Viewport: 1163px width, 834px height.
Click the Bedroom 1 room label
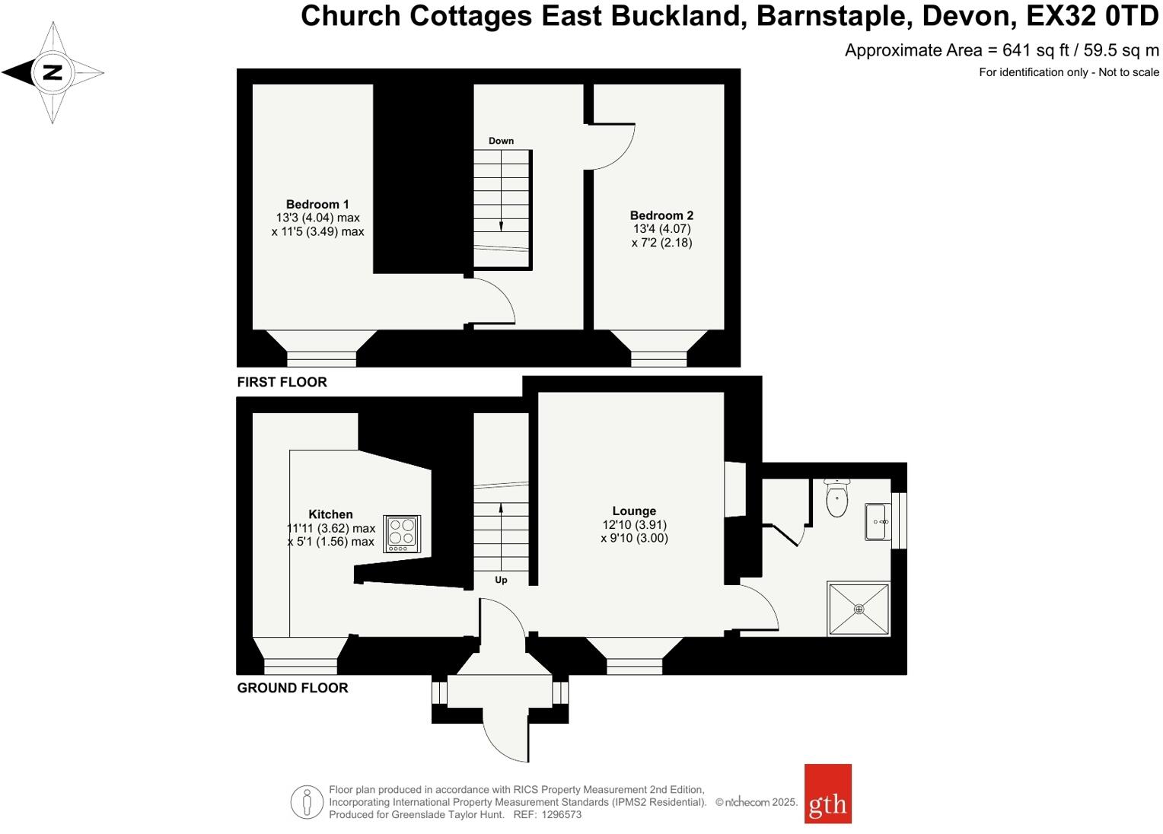pyautogui.click(x=317, y=204)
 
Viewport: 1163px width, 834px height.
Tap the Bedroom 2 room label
pyautogui.click(x=661, y=215)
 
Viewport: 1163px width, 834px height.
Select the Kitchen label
pyautogui.click(x=330, y=514)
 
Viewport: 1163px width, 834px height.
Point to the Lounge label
pyautogui.click(x=634, y=511)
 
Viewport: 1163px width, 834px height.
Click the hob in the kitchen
pyautogui.click(x=403, y=533)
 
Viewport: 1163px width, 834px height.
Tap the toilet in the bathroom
pyautogui.click(x=836, y=501)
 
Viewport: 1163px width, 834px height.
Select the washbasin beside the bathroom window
pyautogui.click(x=878, y=522)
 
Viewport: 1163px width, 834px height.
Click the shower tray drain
pyautogui.click(x=859, y=609)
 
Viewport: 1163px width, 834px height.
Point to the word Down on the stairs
pyautogui.click(x=501, y=141)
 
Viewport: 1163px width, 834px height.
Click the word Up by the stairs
pyautogui.click(x=501, y=580)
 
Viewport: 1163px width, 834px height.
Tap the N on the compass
pyautogui.click(x=53, y=73)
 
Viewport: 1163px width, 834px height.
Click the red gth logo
pyautogui.click(x=827, y=794)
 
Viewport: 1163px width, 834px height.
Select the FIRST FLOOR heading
pyautogui.click(x=282, y=382)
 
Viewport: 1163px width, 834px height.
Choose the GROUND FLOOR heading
pyautogui.click(x=292, y=688)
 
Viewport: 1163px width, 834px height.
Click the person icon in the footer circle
pyautogui.click(x=307, y=802)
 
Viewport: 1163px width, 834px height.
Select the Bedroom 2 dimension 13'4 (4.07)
pyautogui.click(x=661, y=229)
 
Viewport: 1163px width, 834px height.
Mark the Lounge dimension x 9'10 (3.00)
pyautogui.click(x=634, y=539)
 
